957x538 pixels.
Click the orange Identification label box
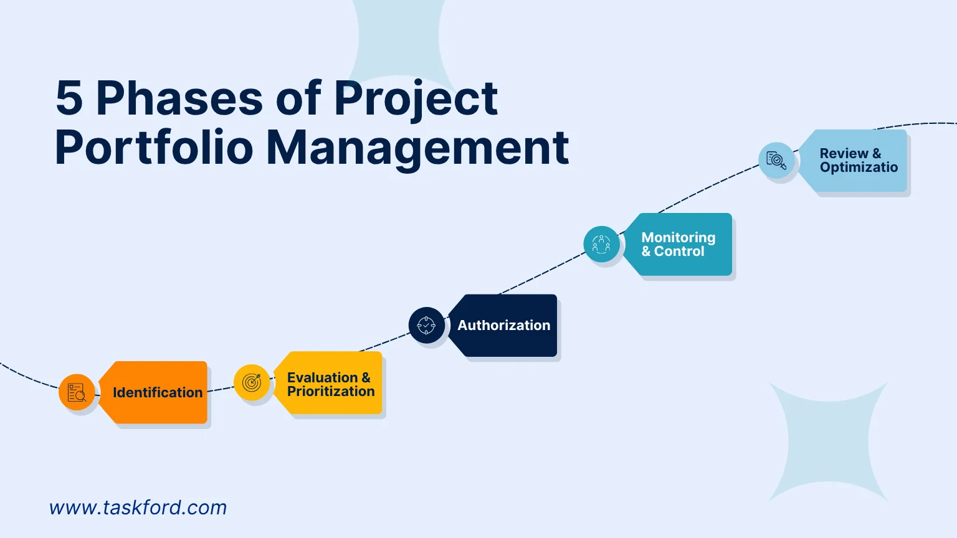click(x=156, y=392)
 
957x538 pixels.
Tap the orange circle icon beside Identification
click(x=77, y=392)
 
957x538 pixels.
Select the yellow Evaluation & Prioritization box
click(x=330, y=384)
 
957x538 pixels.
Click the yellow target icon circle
click(x=252, y=382)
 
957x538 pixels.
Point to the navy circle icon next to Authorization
click(x=426, y=325)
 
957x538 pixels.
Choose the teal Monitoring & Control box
click(x=679, y=244)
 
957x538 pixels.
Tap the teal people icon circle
click(x=601, y=244)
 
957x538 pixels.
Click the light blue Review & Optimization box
click(x=857, y=161)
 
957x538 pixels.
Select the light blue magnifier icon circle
click(x=776, y=161)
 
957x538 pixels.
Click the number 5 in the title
click(x=69, y=98)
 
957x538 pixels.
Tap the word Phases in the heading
click(x=179, y=98)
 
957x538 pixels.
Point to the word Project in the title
click(x=416, y=98)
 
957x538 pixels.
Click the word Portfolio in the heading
click(x=154, y=148)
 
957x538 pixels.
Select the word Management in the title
click(x=417, y=148)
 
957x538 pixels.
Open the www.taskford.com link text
click(x=138, y=507)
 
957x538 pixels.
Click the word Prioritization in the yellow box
click(x=331, y=392)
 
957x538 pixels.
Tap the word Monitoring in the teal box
click(x=678, y=237)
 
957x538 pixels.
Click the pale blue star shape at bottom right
click(x=829, y=442)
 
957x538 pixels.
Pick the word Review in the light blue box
click(x=844, y=153)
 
